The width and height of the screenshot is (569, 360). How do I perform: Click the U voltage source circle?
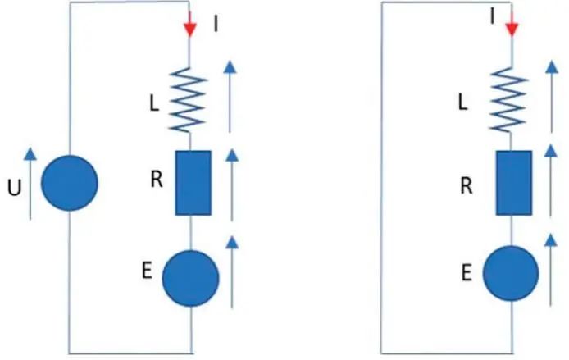(x=70, y=182)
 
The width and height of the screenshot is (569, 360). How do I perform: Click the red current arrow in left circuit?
(x=190, y=25)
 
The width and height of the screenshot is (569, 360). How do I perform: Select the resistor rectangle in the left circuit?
(x=193, y=182)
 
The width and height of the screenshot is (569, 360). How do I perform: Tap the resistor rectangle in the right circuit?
(x=514, y=184)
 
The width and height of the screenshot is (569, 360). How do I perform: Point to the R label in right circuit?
(x=466, y=185)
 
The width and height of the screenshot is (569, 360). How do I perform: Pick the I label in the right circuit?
(x=494, y=16)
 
